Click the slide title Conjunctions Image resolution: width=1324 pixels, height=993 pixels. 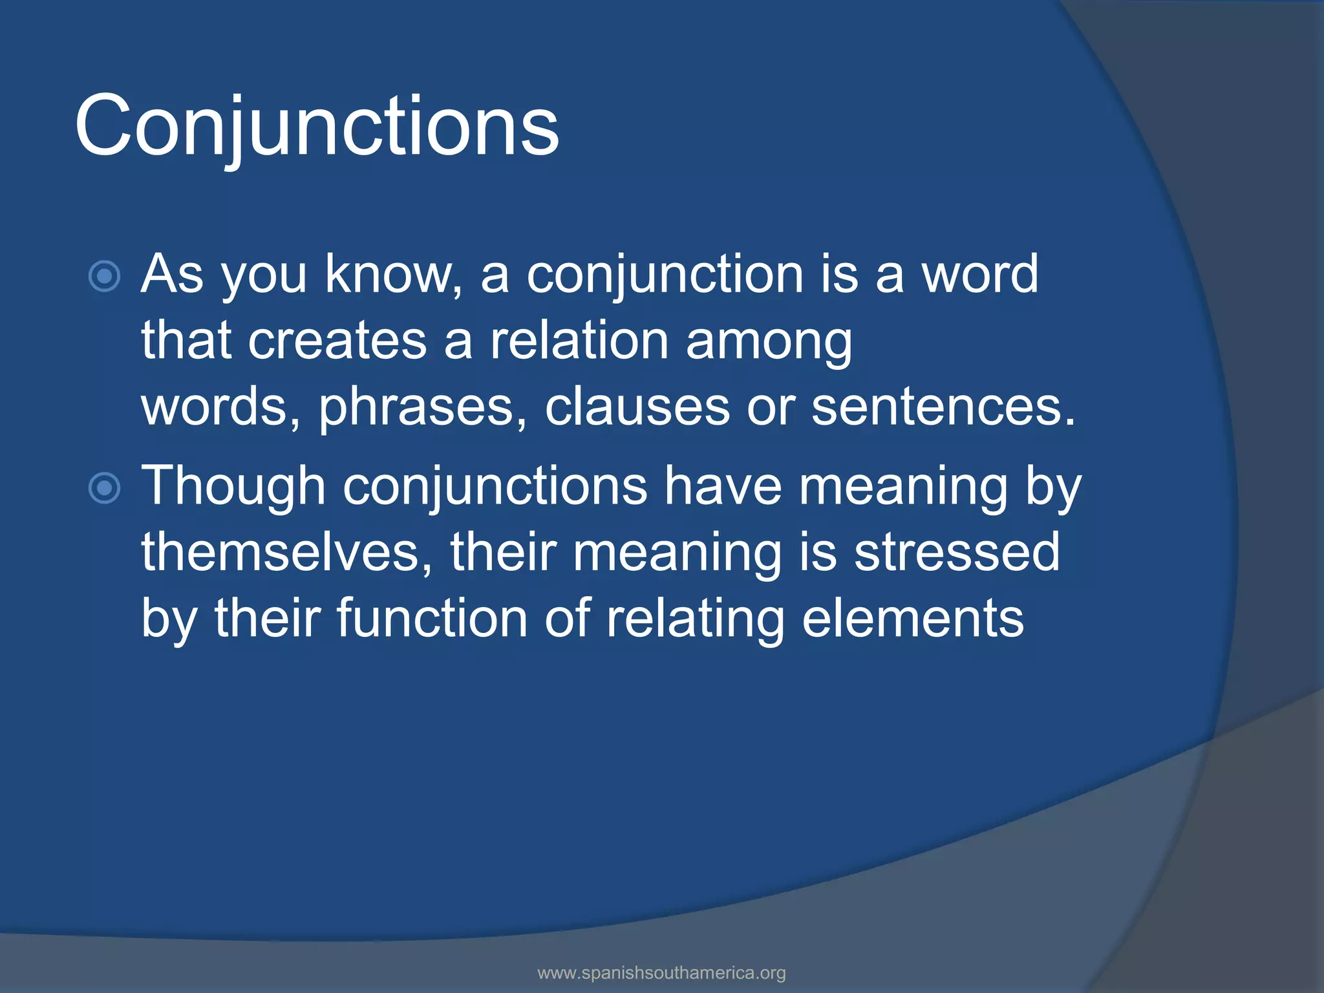(x=317, y=126)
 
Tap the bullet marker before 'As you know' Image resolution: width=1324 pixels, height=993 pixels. (x=104, y=277)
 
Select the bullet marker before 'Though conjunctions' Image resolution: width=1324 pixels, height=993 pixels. (x=104, y=488)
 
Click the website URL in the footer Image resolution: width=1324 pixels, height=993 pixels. (x=661, y=972)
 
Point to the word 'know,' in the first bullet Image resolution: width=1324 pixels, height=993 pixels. (x=394, y=274)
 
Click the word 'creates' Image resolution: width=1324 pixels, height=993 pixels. (x=337, y=341)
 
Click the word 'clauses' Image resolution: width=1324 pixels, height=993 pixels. (x=637, y=407)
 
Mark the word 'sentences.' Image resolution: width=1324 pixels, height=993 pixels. (x=943, y=407)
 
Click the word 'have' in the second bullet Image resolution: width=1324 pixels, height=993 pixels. (x=723, y=486)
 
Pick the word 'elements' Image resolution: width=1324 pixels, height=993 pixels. (x=912, y=619)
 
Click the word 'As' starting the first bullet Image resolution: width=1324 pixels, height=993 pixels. (x=172, y=274)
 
